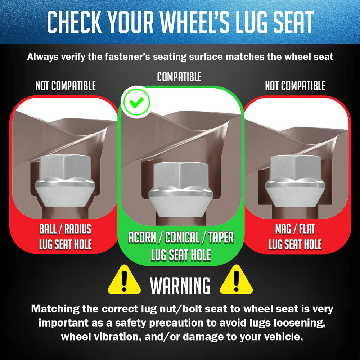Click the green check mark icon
coord(136,102)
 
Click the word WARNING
coord(180,285)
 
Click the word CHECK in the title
coord(74,22)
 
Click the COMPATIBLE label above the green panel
coord(179,77)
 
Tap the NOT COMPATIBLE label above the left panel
coord(66,86)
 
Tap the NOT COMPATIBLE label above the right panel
coord(295,86)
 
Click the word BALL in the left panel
coord(48,229)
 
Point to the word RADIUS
coord(78,229)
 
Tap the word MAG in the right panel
coord(283,229)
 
